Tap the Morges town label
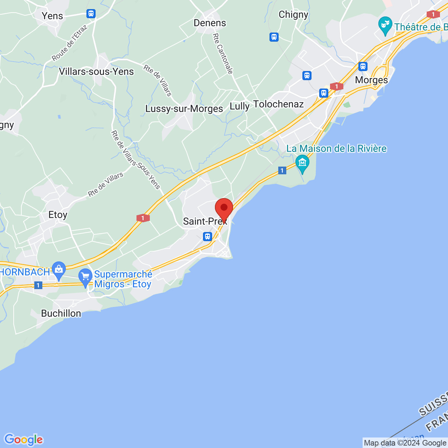click(x=371, y=80)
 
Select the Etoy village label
click(x=58, y=215)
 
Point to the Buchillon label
click(x=61, y=313)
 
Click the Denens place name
click(x=210, y=23)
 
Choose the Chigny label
click(x=293, y=14)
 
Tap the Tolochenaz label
click(x=278, y=104)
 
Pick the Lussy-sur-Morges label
click(x=184, y=109)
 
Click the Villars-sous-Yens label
click(x=96, y=72)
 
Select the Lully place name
click(x=239, y=106)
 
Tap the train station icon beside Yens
click(x=91, y=14)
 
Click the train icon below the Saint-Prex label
click(x=208, y=236)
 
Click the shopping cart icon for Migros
click(x=85, y=277)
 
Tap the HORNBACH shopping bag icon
click(x=59, y=270)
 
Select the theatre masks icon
click(x=385, y=25)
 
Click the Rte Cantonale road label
click(x=223, y=54)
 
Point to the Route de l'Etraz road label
click(x=69, y=43)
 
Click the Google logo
click(x=23, y=440)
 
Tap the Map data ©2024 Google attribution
click(x=405, y=443)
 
